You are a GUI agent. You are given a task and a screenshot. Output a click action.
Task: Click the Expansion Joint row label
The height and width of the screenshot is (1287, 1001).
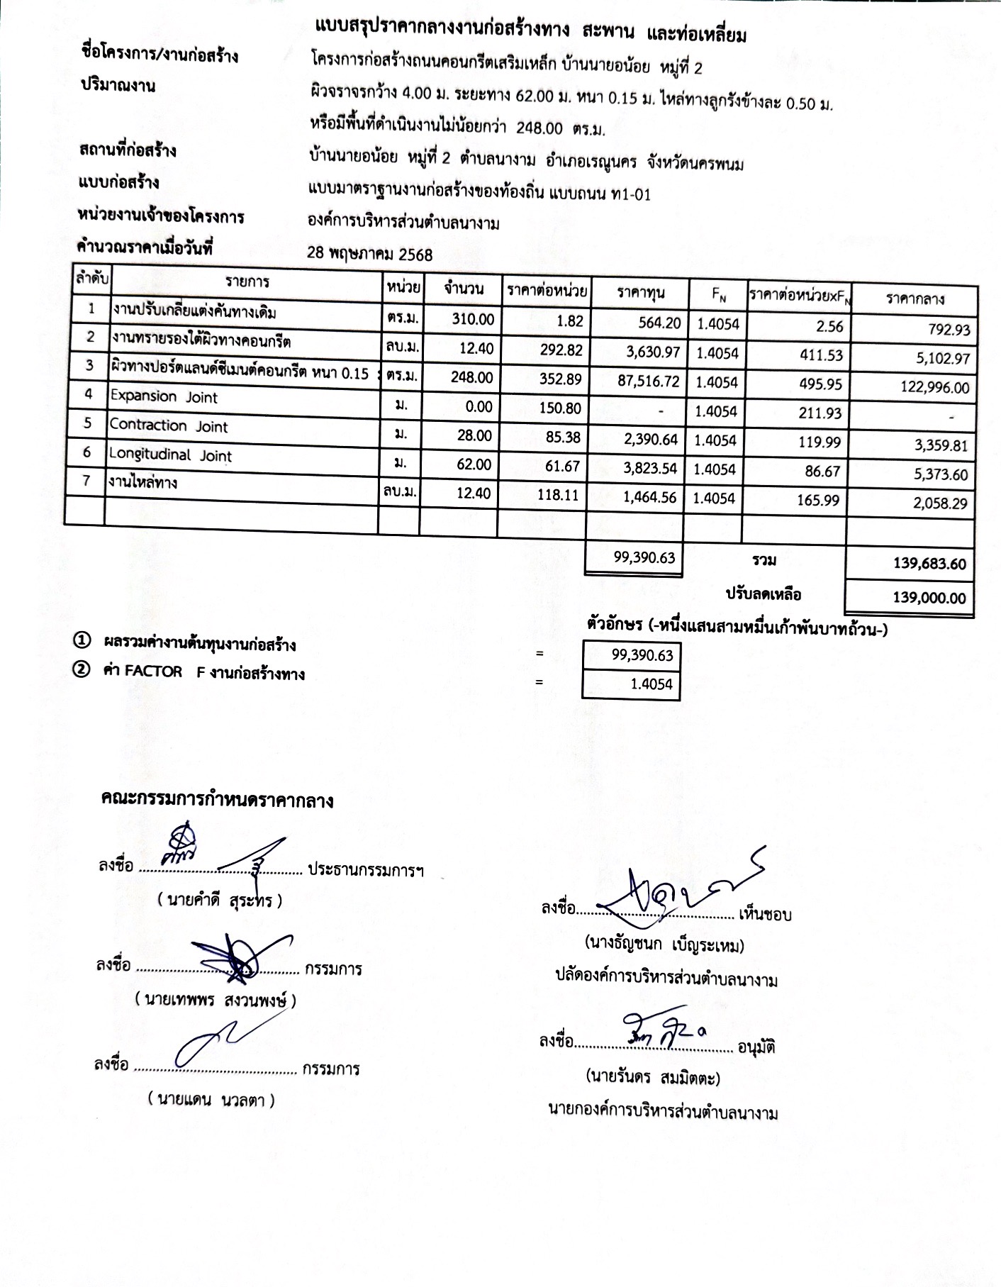[x=164, y=397]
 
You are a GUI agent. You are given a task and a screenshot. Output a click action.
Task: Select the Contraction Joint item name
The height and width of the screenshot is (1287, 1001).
[x=169, y=426]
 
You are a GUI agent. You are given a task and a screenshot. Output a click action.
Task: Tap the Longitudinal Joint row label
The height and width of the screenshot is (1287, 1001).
[x=170, y=455]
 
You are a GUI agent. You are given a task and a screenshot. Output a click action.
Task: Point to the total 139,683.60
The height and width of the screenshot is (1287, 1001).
[x=929, y=564]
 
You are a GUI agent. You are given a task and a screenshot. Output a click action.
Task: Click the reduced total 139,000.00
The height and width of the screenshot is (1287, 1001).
[x=929, y=598]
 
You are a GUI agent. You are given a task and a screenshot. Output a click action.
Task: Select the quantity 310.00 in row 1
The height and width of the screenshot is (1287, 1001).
[x=473, y=319]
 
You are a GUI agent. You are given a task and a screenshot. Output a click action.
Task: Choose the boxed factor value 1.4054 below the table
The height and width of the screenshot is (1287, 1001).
[x=651, y=684]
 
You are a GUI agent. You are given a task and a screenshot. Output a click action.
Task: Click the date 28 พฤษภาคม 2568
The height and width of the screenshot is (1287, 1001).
[x=369, y=253]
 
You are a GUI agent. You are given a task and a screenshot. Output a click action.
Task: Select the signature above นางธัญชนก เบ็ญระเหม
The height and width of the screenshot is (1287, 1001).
[x=673, y=887]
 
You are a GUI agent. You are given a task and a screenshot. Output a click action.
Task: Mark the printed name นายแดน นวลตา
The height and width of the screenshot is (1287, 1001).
[x=211, y=1100]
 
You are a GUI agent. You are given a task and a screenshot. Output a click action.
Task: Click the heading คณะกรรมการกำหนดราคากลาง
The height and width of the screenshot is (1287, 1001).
[x=217, y=801]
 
